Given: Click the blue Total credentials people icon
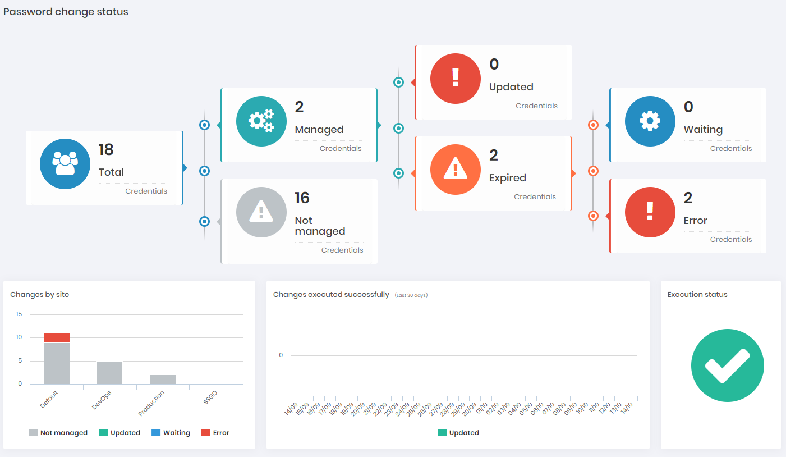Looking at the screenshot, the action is pyautogui.click(x=65, y=164).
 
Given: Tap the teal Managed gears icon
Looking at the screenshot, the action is pyautogui.click(x=261, y=121).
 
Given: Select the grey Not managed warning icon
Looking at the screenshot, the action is pyautogui.click(x=261, y=212).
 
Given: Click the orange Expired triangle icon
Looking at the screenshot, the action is pyautogui.click(x=456, y=170).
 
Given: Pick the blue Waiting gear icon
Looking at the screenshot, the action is pyautogui.click(x=650, y=121).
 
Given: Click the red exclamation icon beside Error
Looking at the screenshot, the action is pyautogui.click(x=650, y=212).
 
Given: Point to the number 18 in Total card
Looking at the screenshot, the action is pyautogui.click(x=106, y=150).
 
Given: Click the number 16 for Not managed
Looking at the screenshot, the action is pyautogui.click(x=302, y=198).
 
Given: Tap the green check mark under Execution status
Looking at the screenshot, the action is pyautogui.click(x=728, y=365).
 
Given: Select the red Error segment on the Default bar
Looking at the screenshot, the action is pyautogui.click(x=57, y=338).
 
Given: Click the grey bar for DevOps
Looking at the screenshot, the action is pyautogui.click(x=110, y=373).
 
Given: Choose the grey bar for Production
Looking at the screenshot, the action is pyautogui.click(x=163, y=380).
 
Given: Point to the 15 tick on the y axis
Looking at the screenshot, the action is pyautogui.click(x=19, y=314).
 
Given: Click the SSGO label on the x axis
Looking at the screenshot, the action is pyautogui.click(x=210, y=397).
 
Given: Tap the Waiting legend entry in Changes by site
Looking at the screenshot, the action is pyautogui.click(x=171, y=432).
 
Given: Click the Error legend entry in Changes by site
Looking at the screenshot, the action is pyautogui.click(x=215, y=432).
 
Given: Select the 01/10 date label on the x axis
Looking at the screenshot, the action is pyautogui.click(x=481, y=409).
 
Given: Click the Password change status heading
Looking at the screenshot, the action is pyautogui.click(x=66, y=12).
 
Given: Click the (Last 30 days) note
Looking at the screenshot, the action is pyautogui.click(x=411, y=295).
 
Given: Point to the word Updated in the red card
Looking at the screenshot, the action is pyautogui.click(x=511, y=87).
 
